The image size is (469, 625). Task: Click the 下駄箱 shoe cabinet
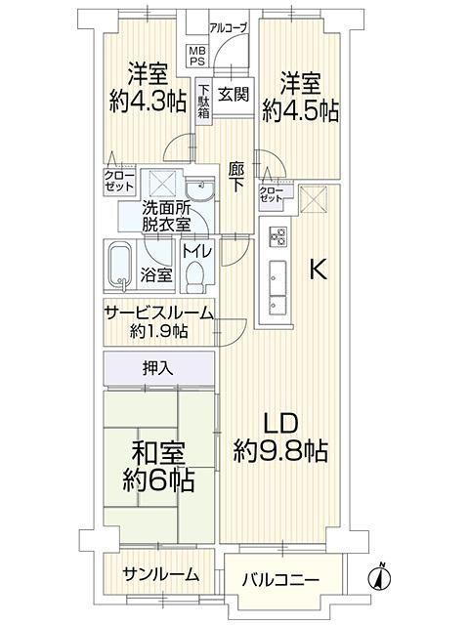pos(203,101)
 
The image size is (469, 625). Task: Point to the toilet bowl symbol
pos(195,276)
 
